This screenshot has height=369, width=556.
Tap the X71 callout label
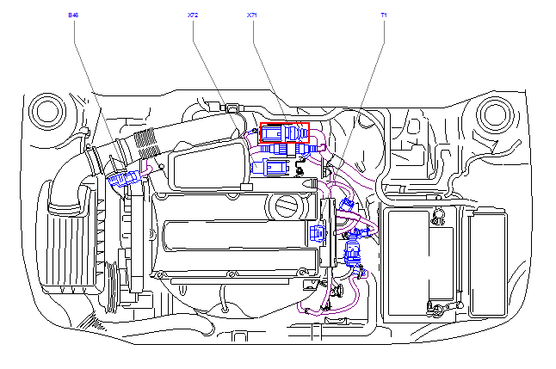[251, 15]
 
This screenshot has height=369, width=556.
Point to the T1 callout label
[383, 15]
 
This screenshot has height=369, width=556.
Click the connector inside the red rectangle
[284, 134]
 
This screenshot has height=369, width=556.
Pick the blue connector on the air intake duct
[124, 180]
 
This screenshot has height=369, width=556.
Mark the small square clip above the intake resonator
[232, 108]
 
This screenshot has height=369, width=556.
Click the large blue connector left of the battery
[352, 254]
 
